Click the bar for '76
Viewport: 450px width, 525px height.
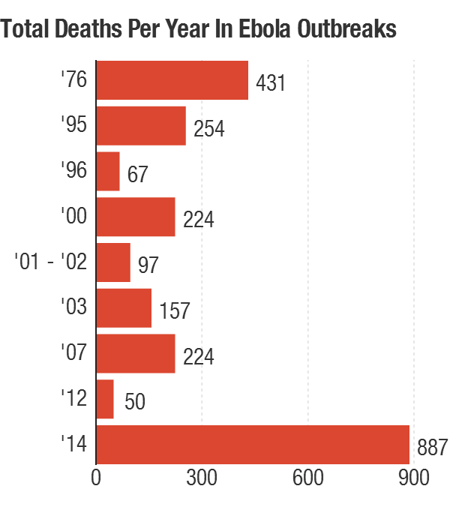(172, 80)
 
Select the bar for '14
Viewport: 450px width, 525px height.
(253, 445)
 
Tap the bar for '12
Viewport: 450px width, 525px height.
(105, 399)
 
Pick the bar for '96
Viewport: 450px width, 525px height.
(108, 171)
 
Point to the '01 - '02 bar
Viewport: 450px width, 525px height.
(113, 262)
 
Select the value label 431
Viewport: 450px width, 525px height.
(271, 82)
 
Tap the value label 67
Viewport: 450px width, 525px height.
(137, 174)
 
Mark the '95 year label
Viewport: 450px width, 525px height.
(75, 124)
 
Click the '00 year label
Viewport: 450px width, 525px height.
(75, 216)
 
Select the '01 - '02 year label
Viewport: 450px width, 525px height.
(51, 262)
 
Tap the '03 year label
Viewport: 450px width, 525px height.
(75, 307)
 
